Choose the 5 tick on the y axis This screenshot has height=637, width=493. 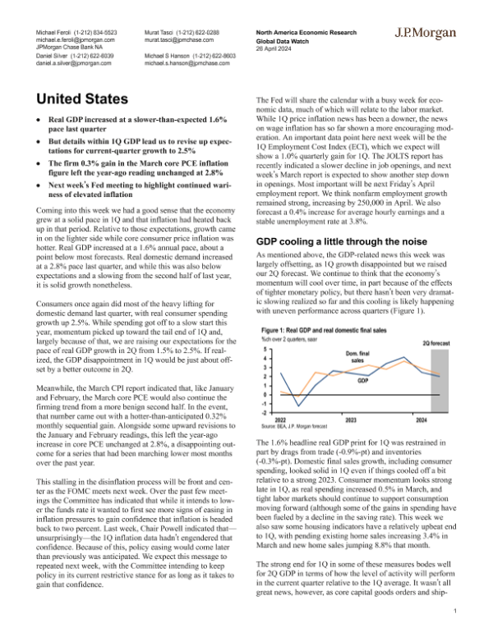(265, 327)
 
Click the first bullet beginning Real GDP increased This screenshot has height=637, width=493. (143, 125)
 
